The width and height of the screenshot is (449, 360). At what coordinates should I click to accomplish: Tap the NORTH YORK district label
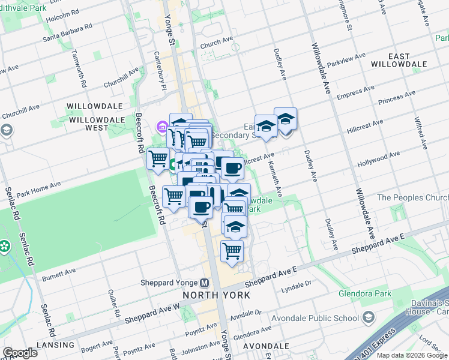click(x=216, y=295)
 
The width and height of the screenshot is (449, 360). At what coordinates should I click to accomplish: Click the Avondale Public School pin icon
click(x=368, y=317)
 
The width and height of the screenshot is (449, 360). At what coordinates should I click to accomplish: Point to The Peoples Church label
click(x=412, y=198)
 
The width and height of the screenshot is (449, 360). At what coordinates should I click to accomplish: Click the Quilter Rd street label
click(x=112, y=305)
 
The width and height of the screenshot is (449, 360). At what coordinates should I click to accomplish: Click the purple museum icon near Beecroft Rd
click(x=161, y=127)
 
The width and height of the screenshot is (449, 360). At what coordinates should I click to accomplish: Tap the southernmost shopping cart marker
click(x=232, y=251)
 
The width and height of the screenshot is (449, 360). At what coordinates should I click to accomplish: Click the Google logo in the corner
click(x=19, y=353)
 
